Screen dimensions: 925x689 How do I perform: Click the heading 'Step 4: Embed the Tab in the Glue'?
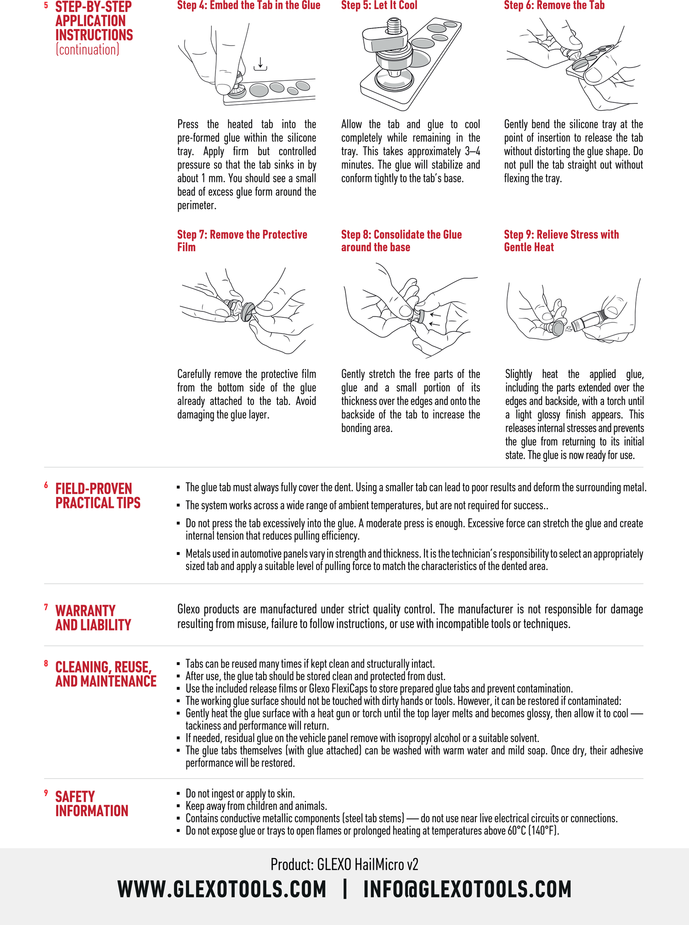[x=248, y=6]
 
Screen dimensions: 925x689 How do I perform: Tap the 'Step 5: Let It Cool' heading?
[x=379, y=6]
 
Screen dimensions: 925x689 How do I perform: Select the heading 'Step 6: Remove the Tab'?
[x=554, y=6]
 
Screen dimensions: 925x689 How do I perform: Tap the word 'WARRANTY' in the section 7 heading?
[x=85, y=610]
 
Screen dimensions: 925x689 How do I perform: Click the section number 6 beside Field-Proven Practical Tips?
[x=46, y=485]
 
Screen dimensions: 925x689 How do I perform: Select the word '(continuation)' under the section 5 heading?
[x=87, y=50]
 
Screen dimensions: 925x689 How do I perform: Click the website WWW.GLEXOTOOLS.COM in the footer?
[x=222, y=889]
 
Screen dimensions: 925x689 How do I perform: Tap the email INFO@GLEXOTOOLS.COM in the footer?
[x=467, y=889]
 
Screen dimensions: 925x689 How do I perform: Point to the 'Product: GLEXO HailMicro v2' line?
[x=344, y=864]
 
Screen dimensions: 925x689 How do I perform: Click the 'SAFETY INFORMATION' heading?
[x=92, y=803]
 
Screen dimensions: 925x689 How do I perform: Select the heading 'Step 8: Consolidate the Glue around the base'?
[x=401, y=241]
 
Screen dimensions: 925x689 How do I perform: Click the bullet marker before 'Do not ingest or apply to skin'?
[x=178, y=794]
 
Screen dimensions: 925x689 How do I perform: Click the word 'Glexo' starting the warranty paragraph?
[x=188, y=609]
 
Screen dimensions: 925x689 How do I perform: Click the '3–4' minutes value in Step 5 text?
[x=472, y=151]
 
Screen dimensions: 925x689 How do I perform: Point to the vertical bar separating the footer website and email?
[x=345, y=889]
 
